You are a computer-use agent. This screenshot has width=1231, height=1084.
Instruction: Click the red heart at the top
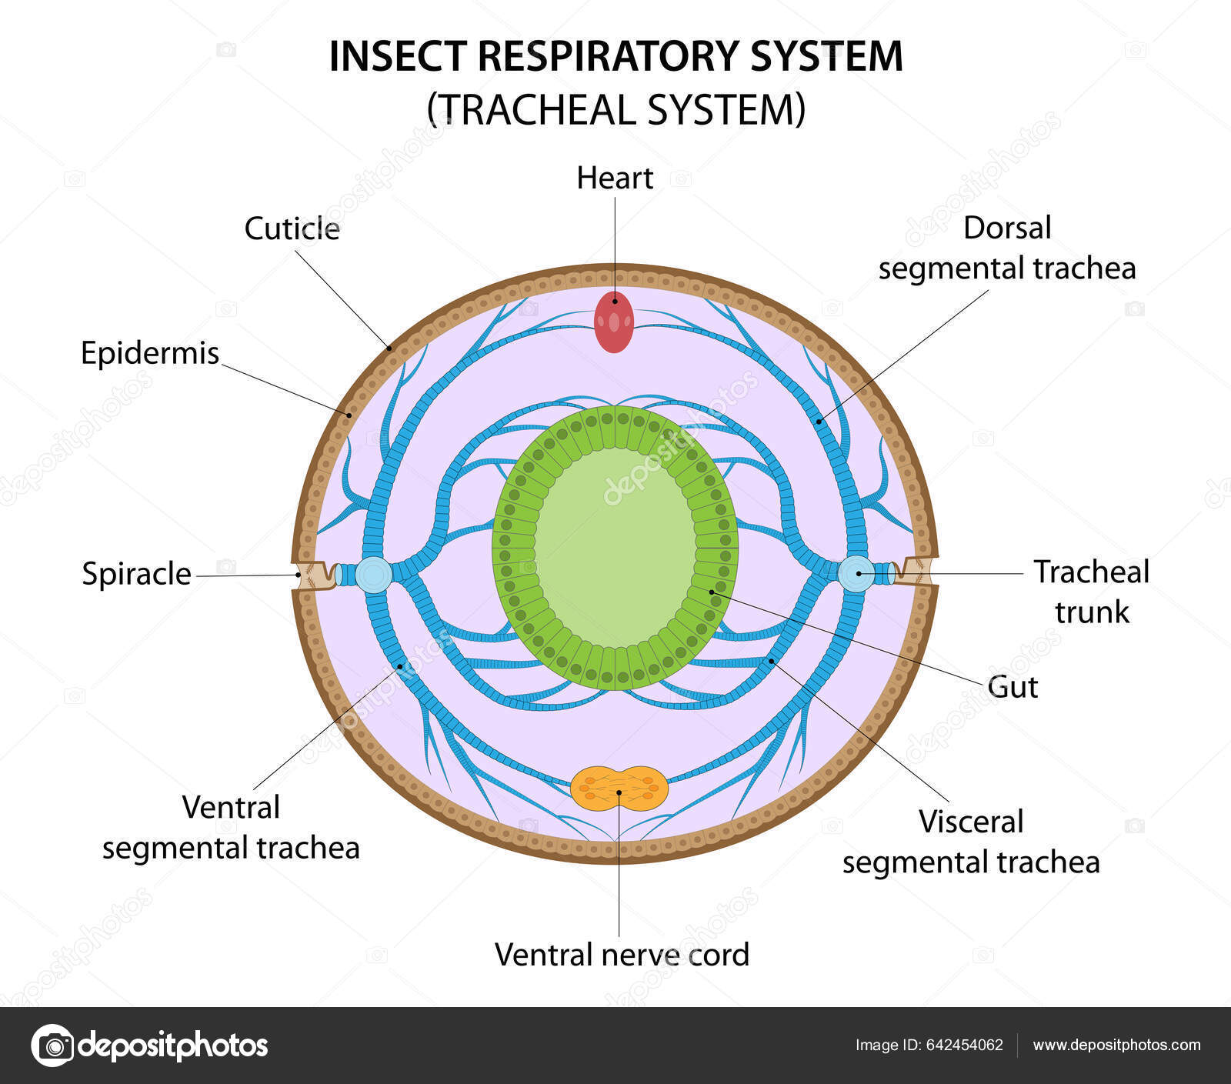coord(614,322)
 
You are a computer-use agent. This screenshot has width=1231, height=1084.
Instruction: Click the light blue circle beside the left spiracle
coord(374,575)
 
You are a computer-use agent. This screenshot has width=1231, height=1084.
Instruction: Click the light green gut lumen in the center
coord(615,546)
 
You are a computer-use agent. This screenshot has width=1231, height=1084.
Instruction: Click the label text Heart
coord(615,178)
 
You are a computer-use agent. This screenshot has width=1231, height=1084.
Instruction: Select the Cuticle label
coord(292,228)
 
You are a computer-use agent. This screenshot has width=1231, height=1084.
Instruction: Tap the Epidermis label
coord(150,353)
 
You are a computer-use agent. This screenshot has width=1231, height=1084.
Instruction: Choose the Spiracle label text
coord(136,574)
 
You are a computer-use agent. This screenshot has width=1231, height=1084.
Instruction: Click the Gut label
coord(1012,686)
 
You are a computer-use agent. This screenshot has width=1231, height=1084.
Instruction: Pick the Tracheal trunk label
coord(1091,592)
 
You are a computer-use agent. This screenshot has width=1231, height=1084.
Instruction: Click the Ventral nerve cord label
coord(622,955)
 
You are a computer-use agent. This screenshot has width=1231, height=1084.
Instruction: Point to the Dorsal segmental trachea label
coord(1007,248)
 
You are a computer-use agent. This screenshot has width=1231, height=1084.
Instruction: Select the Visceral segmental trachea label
coord(971,842)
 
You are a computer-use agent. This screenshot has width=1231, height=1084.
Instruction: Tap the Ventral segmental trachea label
coord(231,828)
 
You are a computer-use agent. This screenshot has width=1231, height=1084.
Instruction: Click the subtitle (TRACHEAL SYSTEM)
coord(615,108)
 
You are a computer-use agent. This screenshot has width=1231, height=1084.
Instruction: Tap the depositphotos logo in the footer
coord(149,1046)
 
